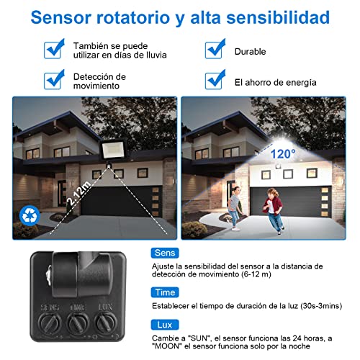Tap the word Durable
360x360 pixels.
(x=250, y=52)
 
